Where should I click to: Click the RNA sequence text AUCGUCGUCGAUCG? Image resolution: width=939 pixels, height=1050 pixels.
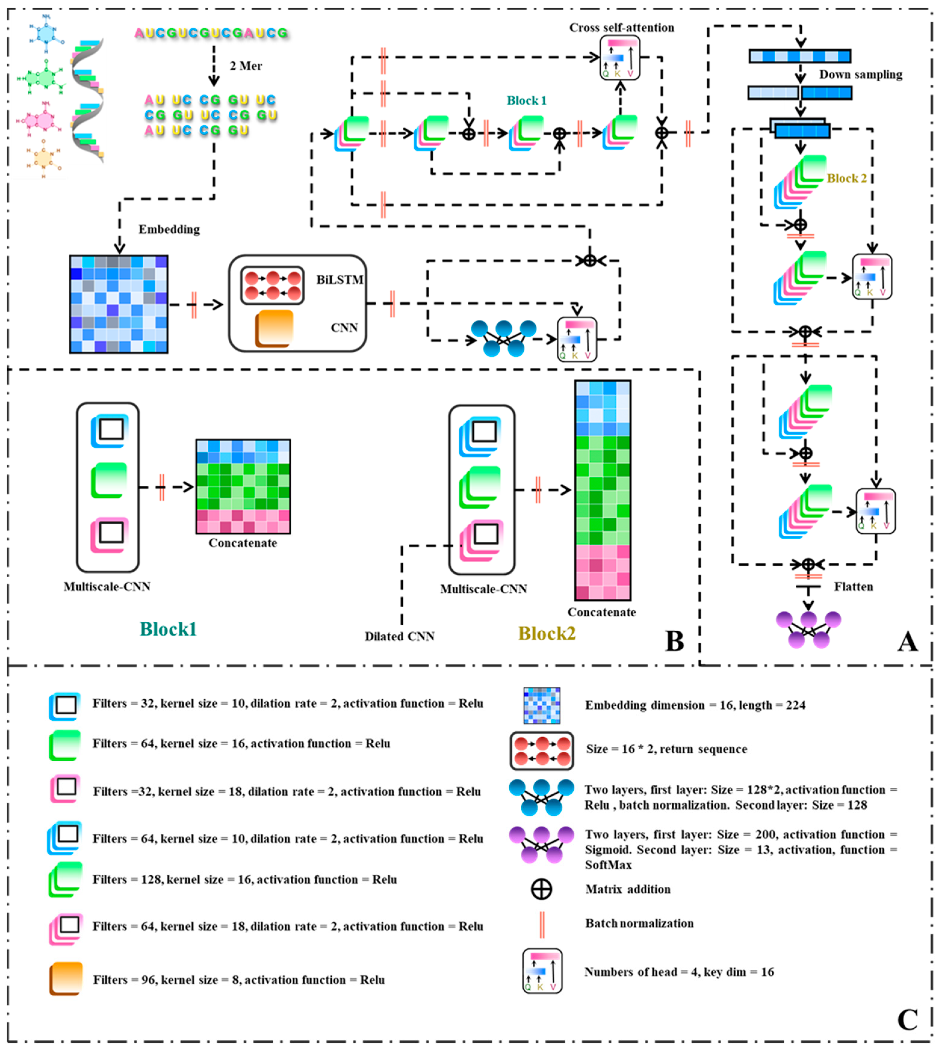(210, 33)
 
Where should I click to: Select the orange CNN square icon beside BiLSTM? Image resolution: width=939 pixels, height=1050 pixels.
(274, 328)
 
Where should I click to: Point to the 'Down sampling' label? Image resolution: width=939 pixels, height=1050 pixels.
(860, 75)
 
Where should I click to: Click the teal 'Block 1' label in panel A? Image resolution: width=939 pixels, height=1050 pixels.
(526, 100)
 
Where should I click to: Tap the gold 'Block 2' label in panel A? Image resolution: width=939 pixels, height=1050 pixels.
(847, 178)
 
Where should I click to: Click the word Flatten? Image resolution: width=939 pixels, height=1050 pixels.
(853, 587)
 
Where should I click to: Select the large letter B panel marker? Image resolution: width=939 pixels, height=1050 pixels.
(675, 641)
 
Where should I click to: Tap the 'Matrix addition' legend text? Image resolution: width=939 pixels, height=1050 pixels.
(628, 889)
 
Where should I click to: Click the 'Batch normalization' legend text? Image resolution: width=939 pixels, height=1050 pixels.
(639, 923)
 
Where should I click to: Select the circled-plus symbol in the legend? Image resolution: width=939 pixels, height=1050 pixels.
(541, 889)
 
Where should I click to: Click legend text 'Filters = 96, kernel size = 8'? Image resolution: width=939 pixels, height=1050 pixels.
(238, 980)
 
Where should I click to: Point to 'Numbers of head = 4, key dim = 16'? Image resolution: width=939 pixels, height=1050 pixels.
(679, 971)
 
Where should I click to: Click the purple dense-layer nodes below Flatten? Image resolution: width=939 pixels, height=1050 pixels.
(808, 629)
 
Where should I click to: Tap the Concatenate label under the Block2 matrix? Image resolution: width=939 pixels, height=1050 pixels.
(602, 612)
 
